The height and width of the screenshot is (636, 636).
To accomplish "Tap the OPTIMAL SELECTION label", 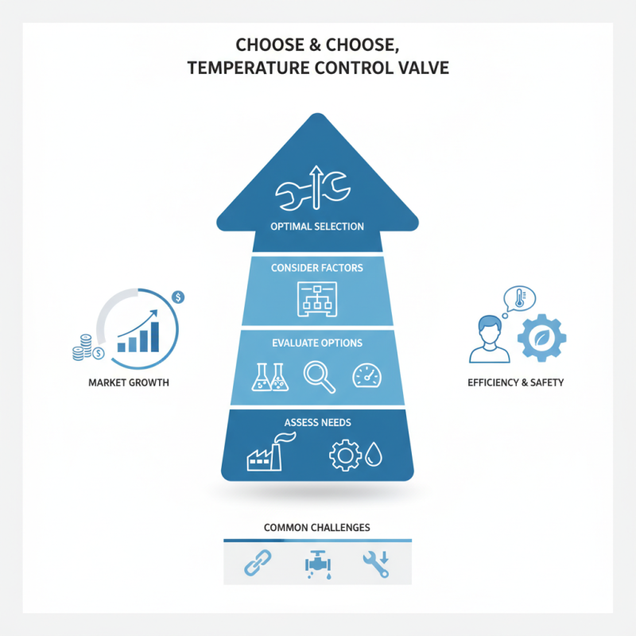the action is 317,227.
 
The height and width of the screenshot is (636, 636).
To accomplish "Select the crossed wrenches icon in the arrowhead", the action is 312,188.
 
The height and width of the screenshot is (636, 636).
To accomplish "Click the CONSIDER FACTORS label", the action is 317,268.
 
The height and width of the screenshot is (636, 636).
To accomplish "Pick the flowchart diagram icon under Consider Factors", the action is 317,300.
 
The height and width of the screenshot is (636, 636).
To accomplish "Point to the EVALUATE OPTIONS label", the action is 317,343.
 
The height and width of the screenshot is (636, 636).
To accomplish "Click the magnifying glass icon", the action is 320,377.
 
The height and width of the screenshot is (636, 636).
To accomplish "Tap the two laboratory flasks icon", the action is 270,377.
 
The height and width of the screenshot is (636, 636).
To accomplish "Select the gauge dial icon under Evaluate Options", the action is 367,375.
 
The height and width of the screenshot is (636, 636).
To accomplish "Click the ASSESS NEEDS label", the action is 317,422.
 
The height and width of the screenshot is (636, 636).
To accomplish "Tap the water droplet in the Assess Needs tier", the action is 374,454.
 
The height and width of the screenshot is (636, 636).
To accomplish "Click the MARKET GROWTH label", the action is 129,382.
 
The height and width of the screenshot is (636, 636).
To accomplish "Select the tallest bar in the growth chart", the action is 154,336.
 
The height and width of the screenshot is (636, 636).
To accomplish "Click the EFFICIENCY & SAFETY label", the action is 515,382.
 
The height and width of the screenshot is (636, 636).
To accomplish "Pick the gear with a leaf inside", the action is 542,338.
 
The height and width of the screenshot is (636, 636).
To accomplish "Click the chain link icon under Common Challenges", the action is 258,563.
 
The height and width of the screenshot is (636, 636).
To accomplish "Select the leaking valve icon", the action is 318,564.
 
